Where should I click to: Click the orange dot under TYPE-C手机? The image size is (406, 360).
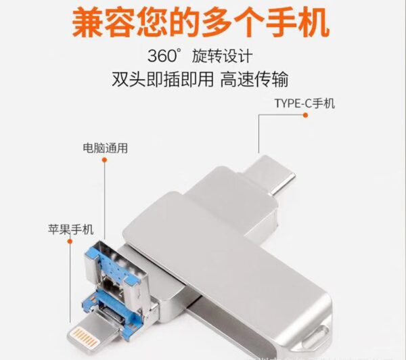tap(305, 116)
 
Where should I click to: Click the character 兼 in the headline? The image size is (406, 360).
tap(90, 22)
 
